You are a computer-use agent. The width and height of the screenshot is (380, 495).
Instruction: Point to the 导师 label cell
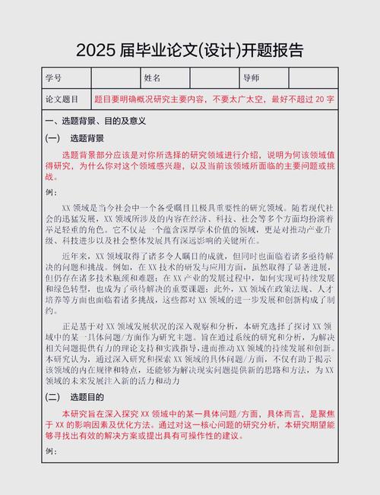click(251, 78)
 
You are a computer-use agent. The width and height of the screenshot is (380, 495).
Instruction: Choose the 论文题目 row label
click(62, 99)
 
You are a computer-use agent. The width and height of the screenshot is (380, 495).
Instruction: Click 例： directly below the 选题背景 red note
click(52, 192)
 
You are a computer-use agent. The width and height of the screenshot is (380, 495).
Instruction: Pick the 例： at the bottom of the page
click(52, 452)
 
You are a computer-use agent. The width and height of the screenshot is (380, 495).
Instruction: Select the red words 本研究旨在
click(84, 414)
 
